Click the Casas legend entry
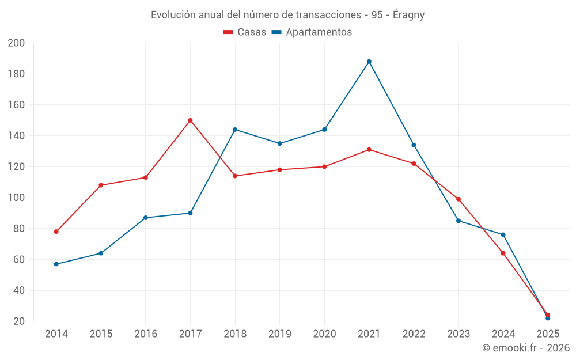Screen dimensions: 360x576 click(x=245, y=32)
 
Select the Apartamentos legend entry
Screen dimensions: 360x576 click(x=312, y=32)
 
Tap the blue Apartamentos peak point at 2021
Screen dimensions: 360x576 click(x=369, y=62)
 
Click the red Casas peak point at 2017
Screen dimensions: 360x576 click(x=190, y=120)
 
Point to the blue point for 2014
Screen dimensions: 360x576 click(x=56, y=264)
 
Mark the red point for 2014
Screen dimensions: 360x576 click(x=56, y=232)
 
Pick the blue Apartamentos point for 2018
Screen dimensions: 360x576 click(x=235, y=130)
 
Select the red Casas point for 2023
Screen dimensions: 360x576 click(x=458, y=199)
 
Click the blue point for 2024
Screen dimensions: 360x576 click(x=503, y=235)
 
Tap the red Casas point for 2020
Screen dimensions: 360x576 click(x=324, y=167)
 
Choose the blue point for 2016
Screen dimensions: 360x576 click(x=146, y=218)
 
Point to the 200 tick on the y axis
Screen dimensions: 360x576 click(x=17, y=43)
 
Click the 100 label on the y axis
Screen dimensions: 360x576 click(x=17, y=198)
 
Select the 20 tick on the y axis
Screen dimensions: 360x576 click(x=19, y=321)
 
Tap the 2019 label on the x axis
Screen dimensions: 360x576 click(x=280, y=334)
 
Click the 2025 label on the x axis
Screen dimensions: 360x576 click(x=548, y=334)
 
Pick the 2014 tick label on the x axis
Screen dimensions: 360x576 click(x=56, y=334)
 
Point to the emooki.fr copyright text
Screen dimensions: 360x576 click(x=526, y=348)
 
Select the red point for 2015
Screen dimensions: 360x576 click(x=101, y=185)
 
